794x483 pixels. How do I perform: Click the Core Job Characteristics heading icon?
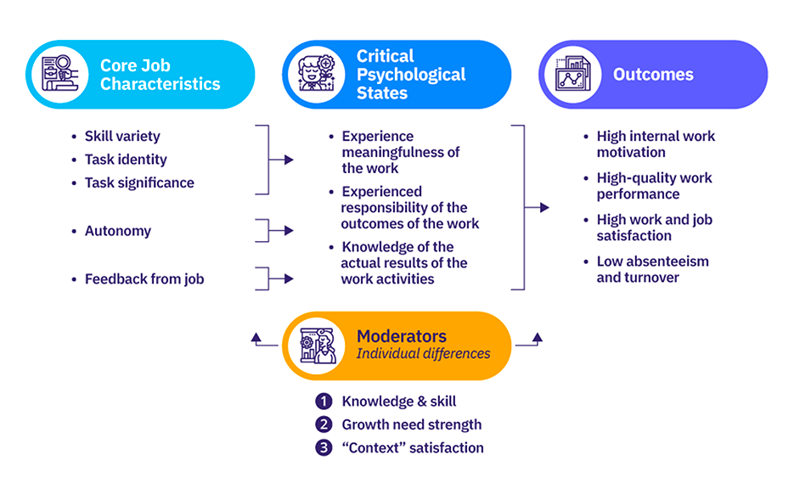pos(60,75)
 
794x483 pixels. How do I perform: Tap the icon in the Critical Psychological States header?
pos(317,75)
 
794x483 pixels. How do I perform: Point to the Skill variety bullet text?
pos(121,136)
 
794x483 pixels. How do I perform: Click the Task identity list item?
pos(125,160)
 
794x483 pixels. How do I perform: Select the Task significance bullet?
pos(138,183)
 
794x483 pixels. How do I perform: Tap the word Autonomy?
pos(117,231)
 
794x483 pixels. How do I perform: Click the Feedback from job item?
pos(144,278)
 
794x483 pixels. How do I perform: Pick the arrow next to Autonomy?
pos(288,230)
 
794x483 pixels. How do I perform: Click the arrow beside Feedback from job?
pos(288,278)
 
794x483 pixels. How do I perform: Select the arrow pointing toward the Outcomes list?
pos(543,207)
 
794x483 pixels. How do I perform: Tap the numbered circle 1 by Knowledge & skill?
pos(323,402)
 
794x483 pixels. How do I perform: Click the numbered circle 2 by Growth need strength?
pos(323,424)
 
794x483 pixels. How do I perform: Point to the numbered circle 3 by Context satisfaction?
pos(323,447)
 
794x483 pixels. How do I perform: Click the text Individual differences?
pos(423,353)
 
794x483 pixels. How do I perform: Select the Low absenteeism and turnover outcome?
pos(652,269)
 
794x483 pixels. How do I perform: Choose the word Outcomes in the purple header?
pos(653,75)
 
